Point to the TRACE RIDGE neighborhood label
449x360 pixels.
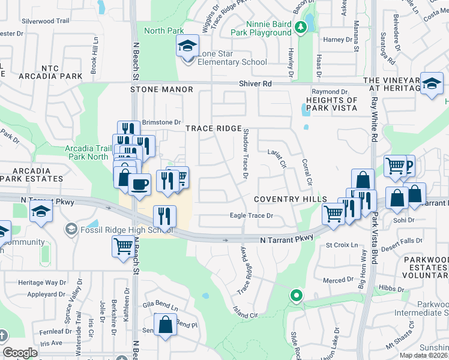click(213, 128)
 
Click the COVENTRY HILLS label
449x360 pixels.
click(290, 199)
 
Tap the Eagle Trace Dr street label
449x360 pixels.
click(252, 215)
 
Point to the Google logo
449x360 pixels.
click(20, 353)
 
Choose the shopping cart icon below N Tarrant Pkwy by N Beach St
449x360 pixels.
click(123, 245)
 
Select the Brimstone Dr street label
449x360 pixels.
click(160, 122)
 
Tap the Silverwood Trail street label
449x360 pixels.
click(46, 20)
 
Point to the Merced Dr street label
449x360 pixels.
click(338, 280)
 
